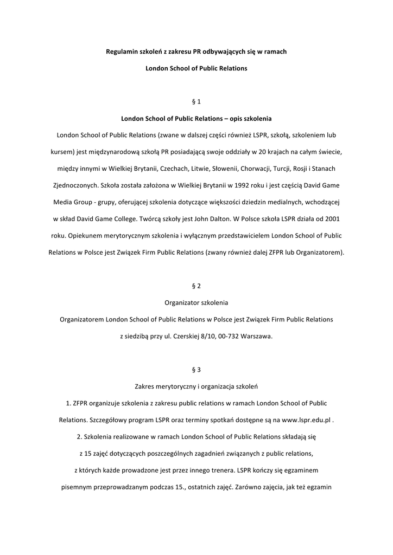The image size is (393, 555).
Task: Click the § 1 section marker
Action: click(x=196, y=101)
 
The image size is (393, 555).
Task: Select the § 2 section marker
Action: click(x=196, y=286)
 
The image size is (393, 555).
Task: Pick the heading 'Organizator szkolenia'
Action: click(x=196, y=302)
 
